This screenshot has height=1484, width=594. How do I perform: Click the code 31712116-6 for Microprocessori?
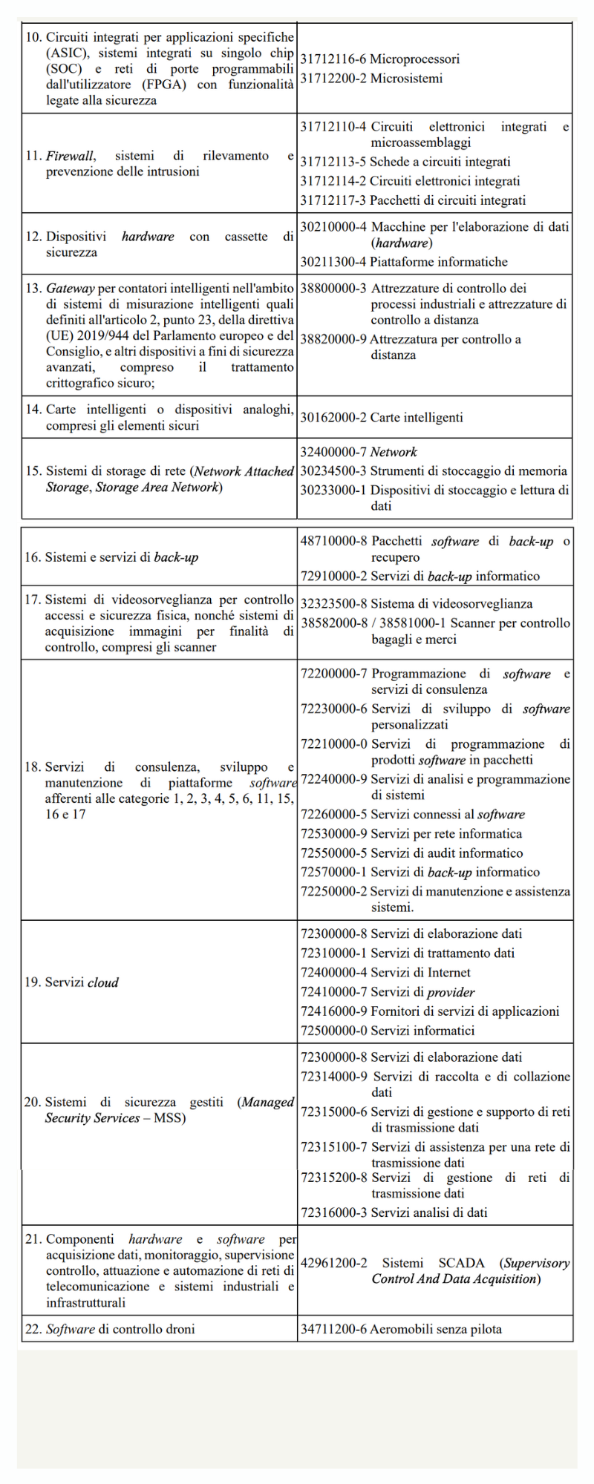(x=333, y=59)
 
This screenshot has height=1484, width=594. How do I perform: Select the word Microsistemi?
(x=406, y=79)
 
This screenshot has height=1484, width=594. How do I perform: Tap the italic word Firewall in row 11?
(x=70, y=156)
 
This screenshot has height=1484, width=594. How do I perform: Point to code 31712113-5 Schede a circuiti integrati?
(x=333, y=162)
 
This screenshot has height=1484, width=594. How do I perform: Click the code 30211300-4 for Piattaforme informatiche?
(x=333, y=262)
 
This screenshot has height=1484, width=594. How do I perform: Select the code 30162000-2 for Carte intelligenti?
(x=333, y=418)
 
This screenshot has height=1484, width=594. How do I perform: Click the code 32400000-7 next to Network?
(x=333, y=452)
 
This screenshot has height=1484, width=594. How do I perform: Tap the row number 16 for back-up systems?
(x=33, y=557)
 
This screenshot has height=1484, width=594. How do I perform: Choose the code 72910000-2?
(x=333, y=577)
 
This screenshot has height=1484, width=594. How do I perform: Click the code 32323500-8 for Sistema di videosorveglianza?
(x=333, y=604)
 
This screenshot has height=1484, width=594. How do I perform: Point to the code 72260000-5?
(x=333, y=815)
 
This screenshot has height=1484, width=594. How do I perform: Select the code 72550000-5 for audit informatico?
(x=333, y=853)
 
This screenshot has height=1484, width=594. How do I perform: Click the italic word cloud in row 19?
(x=103, y=982)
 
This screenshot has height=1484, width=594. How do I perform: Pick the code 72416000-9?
(x=333, y=1011)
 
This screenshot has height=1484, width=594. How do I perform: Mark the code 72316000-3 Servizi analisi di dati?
(x=333, y=1213)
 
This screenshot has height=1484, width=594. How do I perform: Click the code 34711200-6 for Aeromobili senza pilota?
(x=333, y=1329)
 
